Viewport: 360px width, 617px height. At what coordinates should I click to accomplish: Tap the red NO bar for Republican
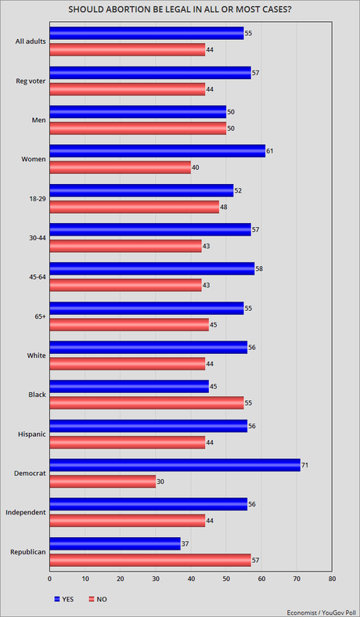(149, 559)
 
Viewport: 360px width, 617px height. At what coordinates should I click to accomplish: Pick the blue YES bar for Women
(157, 150)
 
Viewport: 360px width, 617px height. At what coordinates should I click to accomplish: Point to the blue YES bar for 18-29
(141, 190)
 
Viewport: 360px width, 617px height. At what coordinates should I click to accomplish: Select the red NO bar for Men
(137, 128)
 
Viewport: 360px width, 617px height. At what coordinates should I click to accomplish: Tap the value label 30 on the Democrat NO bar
(161, 481)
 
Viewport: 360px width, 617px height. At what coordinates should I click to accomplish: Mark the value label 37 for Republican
(185, 543)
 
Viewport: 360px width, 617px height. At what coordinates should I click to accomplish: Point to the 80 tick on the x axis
(333, 580)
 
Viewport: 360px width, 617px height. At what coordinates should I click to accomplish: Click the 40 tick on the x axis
(191, 580)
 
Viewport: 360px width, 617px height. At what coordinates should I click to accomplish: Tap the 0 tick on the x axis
(49, 580)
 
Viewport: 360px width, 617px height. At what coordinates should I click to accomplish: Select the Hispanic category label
(31, 433)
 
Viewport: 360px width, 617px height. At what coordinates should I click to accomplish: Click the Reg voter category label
(30, 81)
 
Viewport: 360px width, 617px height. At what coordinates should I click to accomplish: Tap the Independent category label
(25, 512)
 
